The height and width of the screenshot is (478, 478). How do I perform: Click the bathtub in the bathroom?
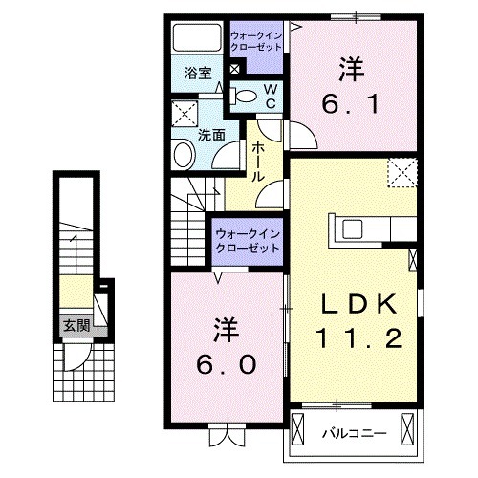(197, 37)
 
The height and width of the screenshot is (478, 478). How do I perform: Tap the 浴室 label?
(197, 71)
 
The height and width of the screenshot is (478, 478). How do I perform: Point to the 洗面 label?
(210, 135)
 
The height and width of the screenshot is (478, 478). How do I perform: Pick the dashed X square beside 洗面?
(183, 117)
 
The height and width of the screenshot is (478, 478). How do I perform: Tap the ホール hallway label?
(259, 161)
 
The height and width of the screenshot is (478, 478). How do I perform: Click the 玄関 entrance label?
(75, 325)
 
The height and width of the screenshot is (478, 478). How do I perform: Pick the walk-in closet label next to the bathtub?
(255, 42)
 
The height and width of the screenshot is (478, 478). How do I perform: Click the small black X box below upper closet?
(235, 70)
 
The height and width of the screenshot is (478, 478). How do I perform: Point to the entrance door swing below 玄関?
(75, 358)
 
